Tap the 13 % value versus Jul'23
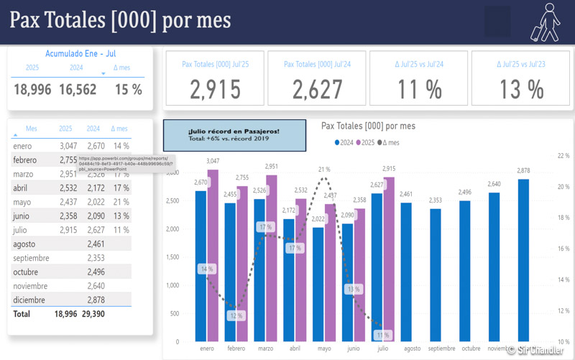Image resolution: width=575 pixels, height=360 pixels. (x=521, y=89)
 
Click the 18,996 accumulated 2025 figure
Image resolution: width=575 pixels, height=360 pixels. (x=32, y=89)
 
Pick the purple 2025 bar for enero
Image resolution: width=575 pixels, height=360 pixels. (x=213, y=255)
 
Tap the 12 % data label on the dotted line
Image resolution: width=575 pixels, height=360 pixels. (x=236, y=315)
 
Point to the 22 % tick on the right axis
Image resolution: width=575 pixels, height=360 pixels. (x=563, y=155)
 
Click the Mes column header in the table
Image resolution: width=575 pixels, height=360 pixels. (x=31, y=129)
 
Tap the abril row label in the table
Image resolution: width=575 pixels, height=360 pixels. (x=21, y=188)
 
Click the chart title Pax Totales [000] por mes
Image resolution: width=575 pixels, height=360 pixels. (x=368, y=126)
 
